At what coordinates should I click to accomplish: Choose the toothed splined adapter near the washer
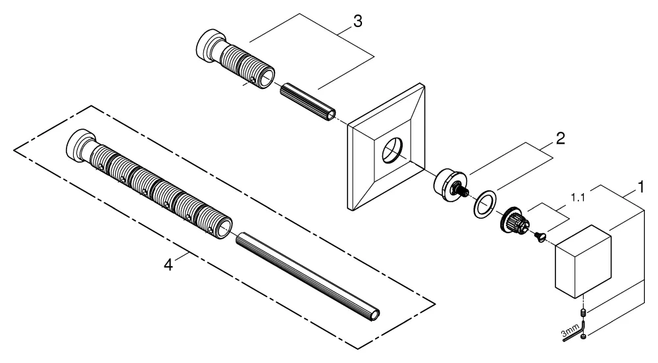(x=514, y=221)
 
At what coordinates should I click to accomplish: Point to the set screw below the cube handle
(x=583, y=312)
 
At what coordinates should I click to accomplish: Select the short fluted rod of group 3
(x=308, y=101)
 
